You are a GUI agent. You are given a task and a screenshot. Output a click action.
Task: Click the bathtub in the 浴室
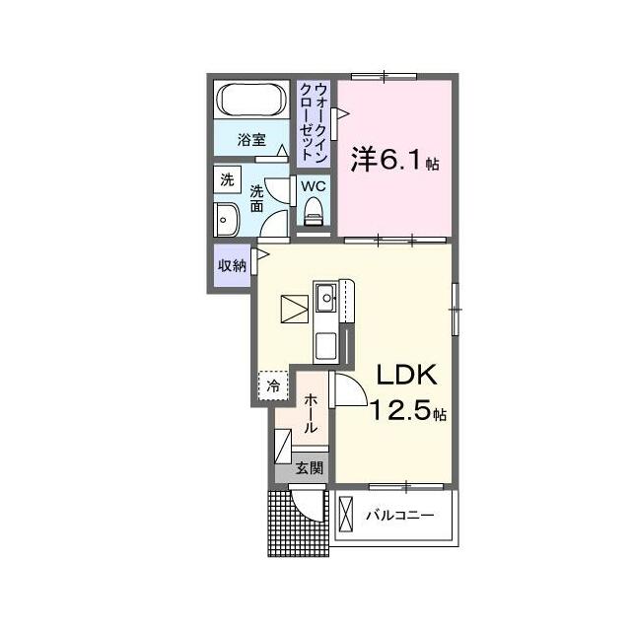tap(251, 100)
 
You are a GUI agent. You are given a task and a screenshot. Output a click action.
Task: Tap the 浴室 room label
tap(251, 140)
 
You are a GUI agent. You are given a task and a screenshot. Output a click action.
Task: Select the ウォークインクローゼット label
tap(315, 122)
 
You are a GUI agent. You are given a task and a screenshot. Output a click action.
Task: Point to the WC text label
tap(314, 186)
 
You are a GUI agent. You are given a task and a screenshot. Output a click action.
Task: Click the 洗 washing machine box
tap(227, 179)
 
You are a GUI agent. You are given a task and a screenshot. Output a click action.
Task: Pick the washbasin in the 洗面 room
tap(227, 219)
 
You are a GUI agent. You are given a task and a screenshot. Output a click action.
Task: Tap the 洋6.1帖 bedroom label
tap(394, 159)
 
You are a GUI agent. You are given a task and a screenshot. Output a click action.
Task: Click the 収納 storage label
tap(232, 265)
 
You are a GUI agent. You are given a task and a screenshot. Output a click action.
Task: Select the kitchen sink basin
tap(325, 298)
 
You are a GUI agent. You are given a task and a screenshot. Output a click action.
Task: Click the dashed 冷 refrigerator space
tap(273, 386)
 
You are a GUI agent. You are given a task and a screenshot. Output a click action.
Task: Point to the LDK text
tap(406, 375)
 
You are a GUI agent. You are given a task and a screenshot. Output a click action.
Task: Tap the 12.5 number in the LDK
tap(401, 411)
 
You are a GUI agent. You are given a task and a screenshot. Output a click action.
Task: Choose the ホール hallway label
tap(311, 414)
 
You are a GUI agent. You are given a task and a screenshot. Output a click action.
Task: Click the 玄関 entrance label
tap(309, 468)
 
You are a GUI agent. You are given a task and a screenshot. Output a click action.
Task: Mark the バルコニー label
tap(399, 516)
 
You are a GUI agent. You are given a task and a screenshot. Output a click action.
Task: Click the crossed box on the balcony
tap(346, 514)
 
